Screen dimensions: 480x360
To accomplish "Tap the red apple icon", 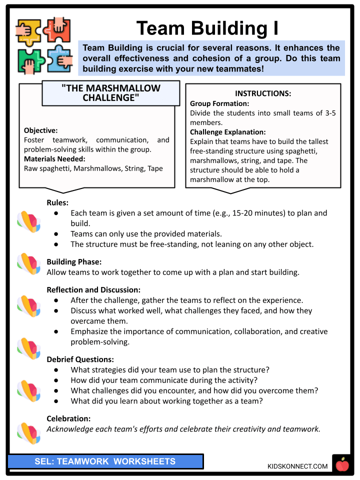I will click(x=342, y=465).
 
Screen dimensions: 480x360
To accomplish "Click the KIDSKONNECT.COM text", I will click(x=297, y=466).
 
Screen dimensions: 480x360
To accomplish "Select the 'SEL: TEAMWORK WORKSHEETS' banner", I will click(x=105, y=461).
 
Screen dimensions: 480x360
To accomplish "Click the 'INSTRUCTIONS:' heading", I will click(x=263, y=93).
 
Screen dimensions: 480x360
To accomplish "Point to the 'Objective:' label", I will click(x=41, y=130).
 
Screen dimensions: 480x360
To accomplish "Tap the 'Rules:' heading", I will click(x=57, y=202).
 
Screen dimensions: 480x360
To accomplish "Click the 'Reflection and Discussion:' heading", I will click(x=93, y=289).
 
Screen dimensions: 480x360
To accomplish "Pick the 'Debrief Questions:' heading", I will click(x=80, y=359).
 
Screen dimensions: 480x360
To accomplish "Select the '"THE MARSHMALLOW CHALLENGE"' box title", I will click(x=111, y=93).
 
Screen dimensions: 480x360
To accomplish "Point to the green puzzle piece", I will click(x=28, y=60).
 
